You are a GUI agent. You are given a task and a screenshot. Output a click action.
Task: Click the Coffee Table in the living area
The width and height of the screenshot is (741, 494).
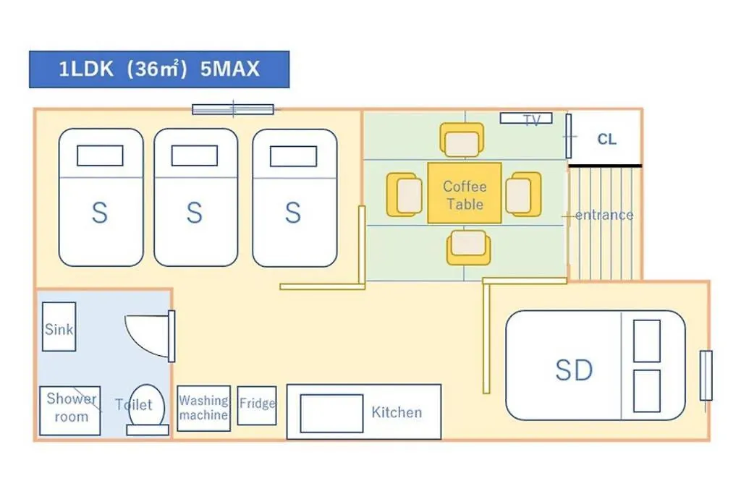[465, 193]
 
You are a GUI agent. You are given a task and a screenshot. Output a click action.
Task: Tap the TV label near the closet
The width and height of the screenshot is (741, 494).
[531, 121]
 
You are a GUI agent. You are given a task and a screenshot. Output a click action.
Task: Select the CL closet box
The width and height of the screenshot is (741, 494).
[606, 139]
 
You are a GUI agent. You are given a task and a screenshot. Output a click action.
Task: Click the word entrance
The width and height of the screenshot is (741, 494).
[604, 215]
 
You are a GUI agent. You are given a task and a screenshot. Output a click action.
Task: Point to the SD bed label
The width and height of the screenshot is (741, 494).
[574, 370]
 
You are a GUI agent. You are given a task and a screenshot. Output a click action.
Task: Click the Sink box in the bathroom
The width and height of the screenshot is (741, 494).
[59, 327]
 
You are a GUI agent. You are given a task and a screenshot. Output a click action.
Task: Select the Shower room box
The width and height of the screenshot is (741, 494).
[69, 410]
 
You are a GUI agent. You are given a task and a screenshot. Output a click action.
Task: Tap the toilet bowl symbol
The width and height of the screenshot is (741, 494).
[148, 406]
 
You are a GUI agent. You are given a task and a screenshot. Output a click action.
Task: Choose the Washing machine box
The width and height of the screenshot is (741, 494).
[203, 408]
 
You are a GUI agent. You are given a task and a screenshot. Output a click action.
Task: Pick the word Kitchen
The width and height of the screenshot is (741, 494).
[397, 412]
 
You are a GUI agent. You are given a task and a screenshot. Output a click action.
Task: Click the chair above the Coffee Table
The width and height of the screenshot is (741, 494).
[462, 140]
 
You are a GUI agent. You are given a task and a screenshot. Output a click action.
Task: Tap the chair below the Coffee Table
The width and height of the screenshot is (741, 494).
[467, 247]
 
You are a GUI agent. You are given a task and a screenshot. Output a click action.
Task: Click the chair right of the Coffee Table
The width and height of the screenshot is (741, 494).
[522, 194]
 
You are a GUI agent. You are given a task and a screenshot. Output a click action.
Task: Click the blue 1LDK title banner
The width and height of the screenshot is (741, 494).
[159, 69]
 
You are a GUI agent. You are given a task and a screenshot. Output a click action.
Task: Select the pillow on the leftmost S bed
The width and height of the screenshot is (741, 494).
[100, 156]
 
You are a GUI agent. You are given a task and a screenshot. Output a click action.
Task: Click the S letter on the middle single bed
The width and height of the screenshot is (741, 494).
[195, 213]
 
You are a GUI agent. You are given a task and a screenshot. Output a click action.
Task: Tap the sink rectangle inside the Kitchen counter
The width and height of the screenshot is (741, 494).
[331, 413]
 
